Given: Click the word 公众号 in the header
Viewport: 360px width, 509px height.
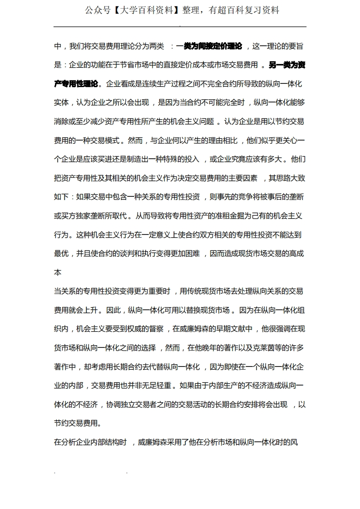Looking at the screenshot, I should (98, 10).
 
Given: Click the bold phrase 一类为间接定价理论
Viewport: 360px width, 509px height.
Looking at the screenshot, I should (209, 46).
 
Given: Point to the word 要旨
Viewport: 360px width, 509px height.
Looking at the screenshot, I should (297, 46).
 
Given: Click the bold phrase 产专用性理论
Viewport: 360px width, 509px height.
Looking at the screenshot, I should (76, 83).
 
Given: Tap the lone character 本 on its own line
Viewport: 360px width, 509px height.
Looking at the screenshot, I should (58, 273).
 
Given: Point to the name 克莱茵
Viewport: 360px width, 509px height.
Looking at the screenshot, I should (262, 348).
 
